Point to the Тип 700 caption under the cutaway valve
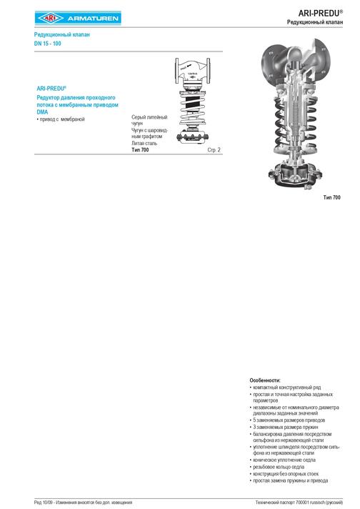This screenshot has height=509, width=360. pos(331,197)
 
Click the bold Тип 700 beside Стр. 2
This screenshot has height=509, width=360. pos(140,150)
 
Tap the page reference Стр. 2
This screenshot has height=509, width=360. pos(214,150)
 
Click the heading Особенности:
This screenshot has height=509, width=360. pos(265,380)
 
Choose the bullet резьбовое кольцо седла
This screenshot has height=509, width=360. pos(281,467)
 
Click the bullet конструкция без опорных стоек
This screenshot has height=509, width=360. pos(287,474)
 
